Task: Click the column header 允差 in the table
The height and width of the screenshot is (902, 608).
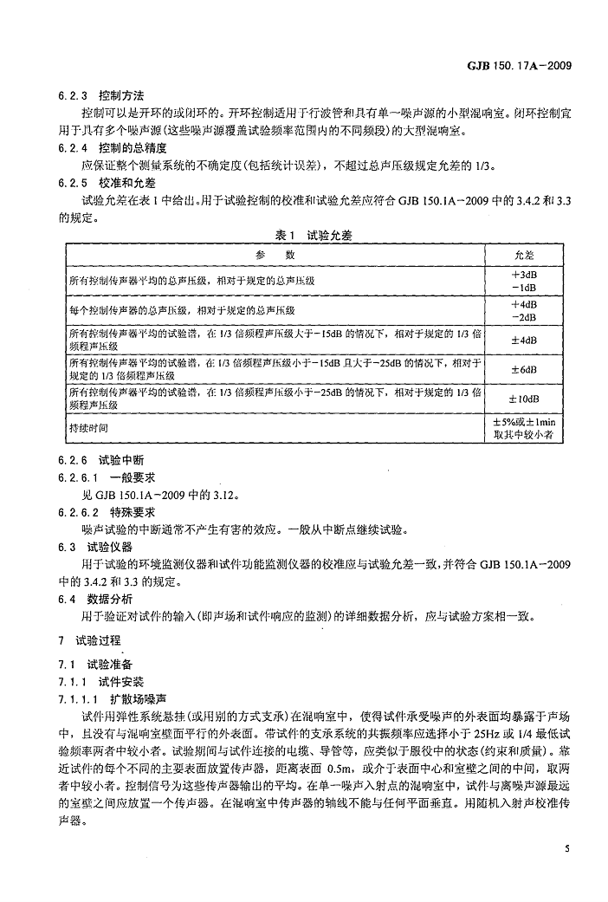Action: coord(525,255)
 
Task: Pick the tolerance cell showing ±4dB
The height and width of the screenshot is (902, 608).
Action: coord(525,340)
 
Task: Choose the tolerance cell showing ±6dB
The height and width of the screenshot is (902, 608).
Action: coord(525,369)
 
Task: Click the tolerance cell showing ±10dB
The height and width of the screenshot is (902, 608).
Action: coord(525,399)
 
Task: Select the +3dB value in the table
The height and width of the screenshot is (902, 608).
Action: coord(525,274)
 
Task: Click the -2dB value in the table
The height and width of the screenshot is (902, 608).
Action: coord(525,316)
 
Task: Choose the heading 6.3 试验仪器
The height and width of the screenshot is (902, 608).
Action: coord(100,548)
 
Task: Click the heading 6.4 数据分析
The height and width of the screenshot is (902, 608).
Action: coord(100,598)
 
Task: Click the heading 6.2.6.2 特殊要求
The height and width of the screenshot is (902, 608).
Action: coord(118,513)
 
